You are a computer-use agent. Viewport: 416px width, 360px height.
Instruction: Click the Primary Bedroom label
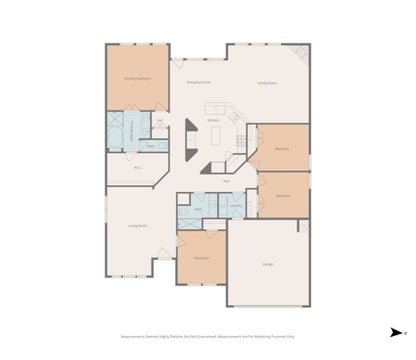[x=137, y=78]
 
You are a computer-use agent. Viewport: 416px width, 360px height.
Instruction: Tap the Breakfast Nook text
[x=199, y=83]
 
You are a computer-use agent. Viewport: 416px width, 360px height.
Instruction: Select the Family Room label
[x=267, y=83]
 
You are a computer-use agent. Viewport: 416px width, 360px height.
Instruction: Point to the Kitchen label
[x=213, y=120]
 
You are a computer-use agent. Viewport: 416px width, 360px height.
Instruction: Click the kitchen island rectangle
[x=215, y=136]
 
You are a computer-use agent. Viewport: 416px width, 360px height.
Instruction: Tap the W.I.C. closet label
[x=138, y=167]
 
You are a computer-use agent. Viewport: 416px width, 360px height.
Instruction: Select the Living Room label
[x=137, y=226]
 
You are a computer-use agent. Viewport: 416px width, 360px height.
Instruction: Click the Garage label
[x=267, y=265]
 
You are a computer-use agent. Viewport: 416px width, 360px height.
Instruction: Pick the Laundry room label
[x=235, y=205]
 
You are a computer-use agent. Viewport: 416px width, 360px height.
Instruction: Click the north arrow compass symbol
[x=395, y=333]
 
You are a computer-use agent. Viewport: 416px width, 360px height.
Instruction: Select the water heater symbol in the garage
[x=303, y=226]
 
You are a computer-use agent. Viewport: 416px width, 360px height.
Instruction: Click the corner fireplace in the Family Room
[x=301, y=54]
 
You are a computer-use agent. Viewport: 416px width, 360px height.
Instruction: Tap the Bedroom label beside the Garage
[x=201, y=258]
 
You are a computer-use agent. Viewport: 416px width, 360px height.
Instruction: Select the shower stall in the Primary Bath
[x=115, y=118]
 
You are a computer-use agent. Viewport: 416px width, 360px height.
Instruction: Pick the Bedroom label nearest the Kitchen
[x=282, y=149]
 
